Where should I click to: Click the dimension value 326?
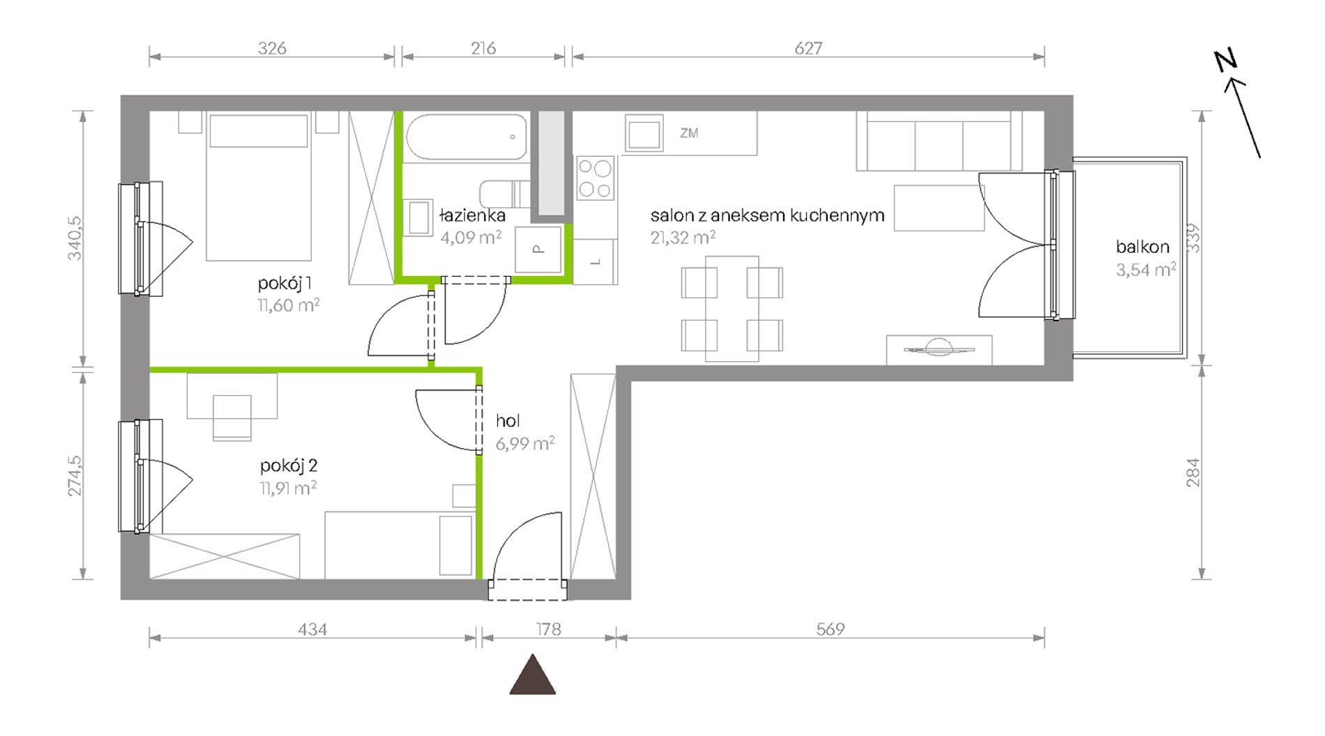coord(272,48)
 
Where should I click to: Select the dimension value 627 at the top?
coord(808,48)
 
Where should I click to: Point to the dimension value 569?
coord(830,629)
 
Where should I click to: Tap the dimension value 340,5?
coord(75,238)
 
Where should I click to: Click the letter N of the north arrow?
coord(1225,61)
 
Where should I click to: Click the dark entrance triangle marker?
coord(533,675)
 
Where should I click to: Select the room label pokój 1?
coord(285,284)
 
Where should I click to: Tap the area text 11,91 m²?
coord(288,488)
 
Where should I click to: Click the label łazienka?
coord(472,215)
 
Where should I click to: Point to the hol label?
coord(508,420)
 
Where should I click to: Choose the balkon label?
coord(1142,247)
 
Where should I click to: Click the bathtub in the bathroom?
coord(467,137)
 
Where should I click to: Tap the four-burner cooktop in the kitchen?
coord(596,178)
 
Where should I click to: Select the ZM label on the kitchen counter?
coord(689,132)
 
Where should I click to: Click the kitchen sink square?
coord(644,135)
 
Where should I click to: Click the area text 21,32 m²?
coord(683,238)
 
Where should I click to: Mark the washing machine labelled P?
coord(538,250)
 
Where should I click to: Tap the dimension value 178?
coord(548,629)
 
